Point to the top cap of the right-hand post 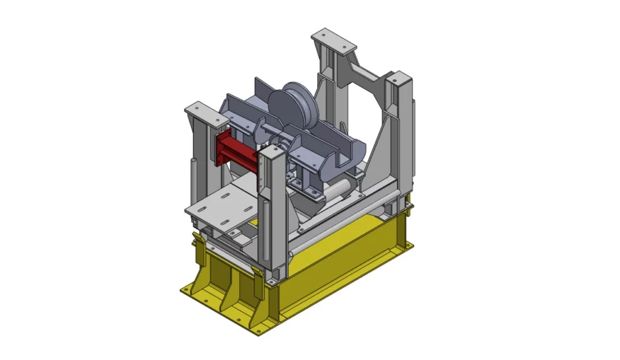click(x=399, y=79)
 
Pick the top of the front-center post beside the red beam click(x=272, y=153)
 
